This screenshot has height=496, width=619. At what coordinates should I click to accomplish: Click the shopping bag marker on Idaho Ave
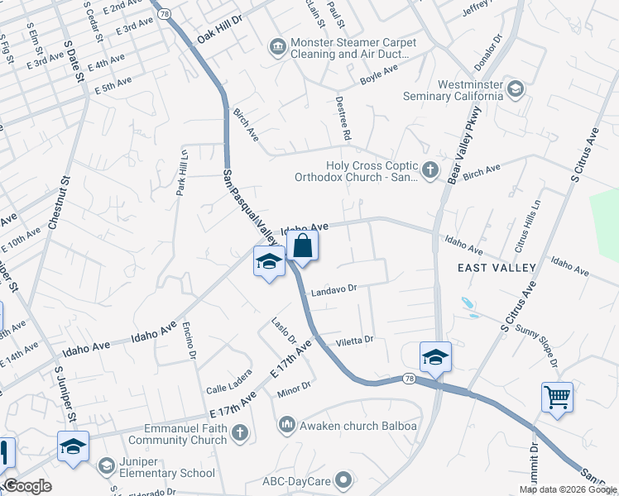coord(303,246)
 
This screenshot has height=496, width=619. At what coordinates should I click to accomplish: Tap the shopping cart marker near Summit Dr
coord(558,398)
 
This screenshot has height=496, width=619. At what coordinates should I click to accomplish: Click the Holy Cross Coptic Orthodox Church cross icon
coord(429,171)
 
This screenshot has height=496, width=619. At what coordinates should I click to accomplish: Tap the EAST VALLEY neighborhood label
coord(497,267)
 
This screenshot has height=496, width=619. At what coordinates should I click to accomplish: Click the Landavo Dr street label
coord(333,290)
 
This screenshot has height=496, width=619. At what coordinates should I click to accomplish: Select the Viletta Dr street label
coord(354,340)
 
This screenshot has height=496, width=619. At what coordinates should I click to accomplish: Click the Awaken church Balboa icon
coord(287,425)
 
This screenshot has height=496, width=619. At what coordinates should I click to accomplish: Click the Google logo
coord(27,486)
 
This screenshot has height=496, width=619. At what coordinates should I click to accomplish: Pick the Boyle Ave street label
coord(379,79)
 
